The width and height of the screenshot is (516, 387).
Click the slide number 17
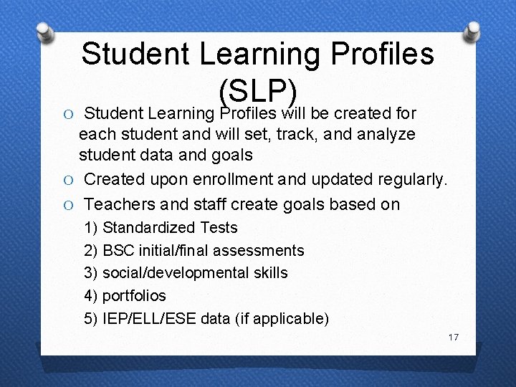pos(453,337)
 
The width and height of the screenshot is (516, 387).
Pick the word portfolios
pos(134,296)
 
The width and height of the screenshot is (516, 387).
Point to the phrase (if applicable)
pos(282,319)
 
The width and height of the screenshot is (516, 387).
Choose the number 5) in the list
pos(91,319)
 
